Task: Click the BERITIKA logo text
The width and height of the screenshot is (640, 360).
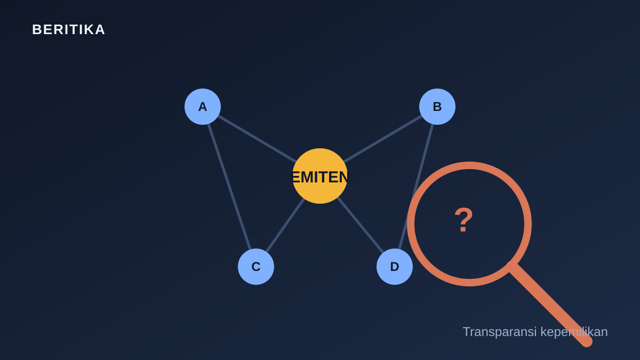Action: [x=69, y=30]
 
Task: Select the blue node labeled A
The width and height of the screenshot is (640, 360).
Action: [x=203, y=107]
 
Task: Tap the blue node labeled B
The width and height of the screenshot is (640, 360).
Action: [x=437, y=107]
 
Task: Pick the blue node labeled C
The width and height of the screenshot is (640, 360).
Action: [x=256, y=267]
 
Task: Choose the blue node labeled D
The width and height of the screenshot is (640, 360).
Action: [x=395, y=267]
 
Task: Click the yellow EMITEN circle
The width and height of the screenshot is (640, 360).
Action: [x=320, y=176]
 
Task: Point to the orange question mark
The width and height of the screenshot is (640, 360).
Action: [x=463, y=220]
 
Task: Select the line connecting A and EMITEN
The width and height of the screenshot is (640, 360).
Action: [x=257, y=139]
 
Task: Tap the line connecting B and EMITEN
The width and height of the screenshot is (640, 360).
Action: [x=383, y=139]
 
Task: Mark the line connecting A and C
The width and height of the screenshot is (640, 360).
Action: [x=229, y=187]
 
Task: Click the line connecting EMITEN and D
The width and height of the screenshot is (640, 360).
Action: [x=361, y=225]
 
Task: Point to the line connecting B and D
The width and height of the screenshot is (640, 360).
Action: [x=416, y=187]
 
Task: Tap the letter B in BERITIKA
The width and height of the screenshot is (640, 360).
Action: [x=37, y=30]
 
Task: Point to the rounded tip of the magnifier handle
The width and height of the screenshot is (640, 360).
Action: [x=587, y=342]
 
